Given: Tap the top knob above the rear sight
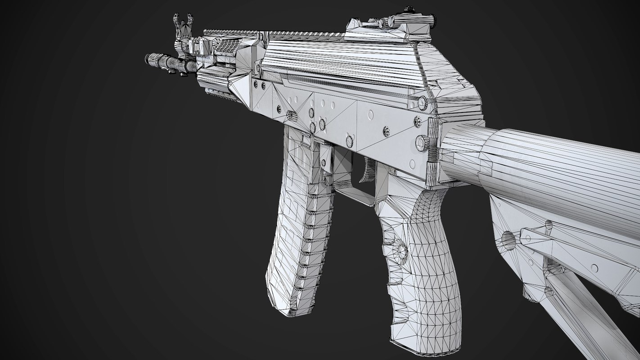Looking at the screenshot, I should click(x=409, y=9).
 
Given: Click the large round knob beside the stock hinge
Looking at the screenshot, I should click(x=422, y=143).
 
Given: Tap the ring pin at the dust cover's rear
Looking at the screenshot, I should click(x=422, y=103).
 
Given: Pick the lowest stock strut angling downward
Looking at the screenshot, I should click(x=585, y=315).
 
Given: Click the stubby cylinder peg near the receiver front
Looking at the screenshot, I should click(x=291, y=116).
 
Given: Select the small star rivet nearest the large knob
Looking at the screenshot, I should click(x=417, y=121).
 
